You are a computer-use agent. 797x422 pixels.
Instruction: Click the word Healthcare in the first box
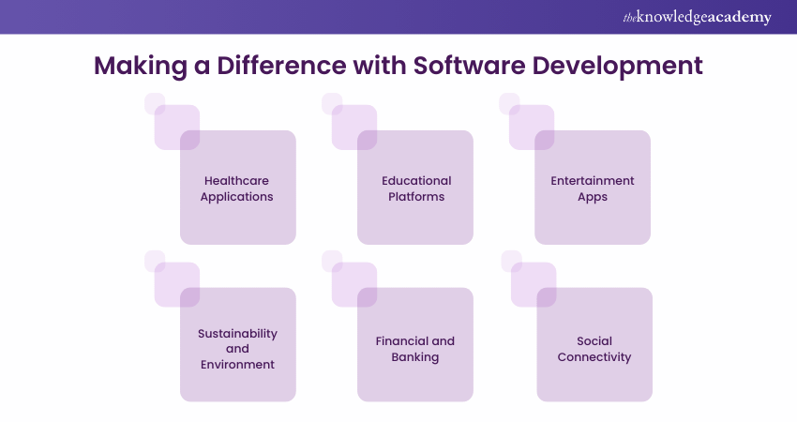click(x=237, y=180)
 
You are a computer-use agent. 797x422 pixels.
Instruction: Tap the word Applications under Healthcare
click(x=237, y=197)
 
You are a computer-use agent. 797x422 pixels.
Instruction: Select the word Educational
click(x=416, y=180)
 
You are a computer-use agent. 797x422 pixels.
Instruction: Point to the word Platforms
click(x=415, y=197)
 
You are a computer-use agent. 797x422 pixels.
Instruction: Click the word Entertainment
click(x=593, y=180)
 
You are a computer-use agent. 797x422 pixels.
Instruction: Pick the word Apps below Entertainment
click(x=593, y=197)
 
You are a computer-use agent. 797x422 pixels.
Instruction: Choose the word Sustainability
click(x=237, y=333)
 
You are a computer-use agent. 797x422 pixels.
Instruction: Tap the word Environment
click(x=237, y=364)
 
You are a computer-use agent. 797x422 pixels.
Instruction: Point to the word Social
click(x=594, y=340)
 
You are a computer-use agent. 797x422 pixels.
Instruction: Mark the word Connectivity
click(x=594, y=356)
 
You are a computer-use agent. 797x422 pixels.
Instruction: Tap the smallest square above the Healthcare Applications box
click(x=155, y=103)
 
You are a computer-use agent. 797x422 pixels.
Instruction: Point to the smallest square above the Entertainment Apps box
click(x=509, y=103)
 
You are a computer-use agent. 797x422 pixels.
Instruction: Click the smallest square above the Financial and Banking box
click(x=332, y=261)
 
